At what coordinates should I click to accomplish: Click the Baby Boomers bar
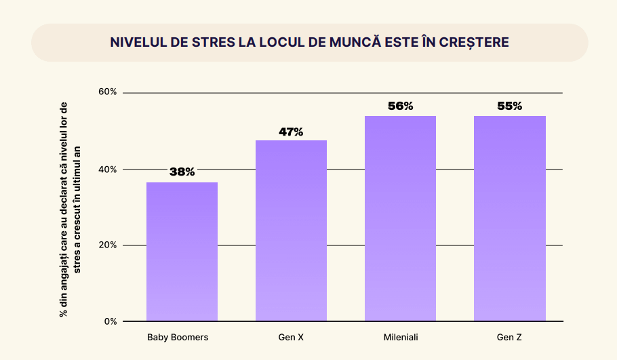coord(182,252)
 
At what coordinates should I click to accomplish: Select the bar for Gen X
coord(291,231)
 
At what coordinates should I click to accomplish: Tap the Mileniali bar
coord(400,218)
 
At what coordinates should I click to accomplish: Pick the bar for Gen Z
coord(509,218)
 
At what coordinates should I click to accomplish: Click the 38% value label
coord(182,172)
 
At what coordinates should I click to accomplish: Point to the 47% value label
coord(291,132)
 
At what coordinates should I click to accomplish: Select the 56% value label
coord(400,106)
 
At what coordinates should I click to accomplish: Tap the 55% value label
coord(509,106)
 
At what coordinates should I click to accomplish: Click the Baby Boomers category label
coord(178,337)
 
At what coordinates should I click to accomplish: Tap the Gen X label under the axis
coord(291,337)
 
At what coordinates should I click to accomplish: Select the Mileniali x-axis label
coord(400,337)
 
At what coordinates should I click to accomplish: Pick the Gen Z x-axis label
coord(509,337)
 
